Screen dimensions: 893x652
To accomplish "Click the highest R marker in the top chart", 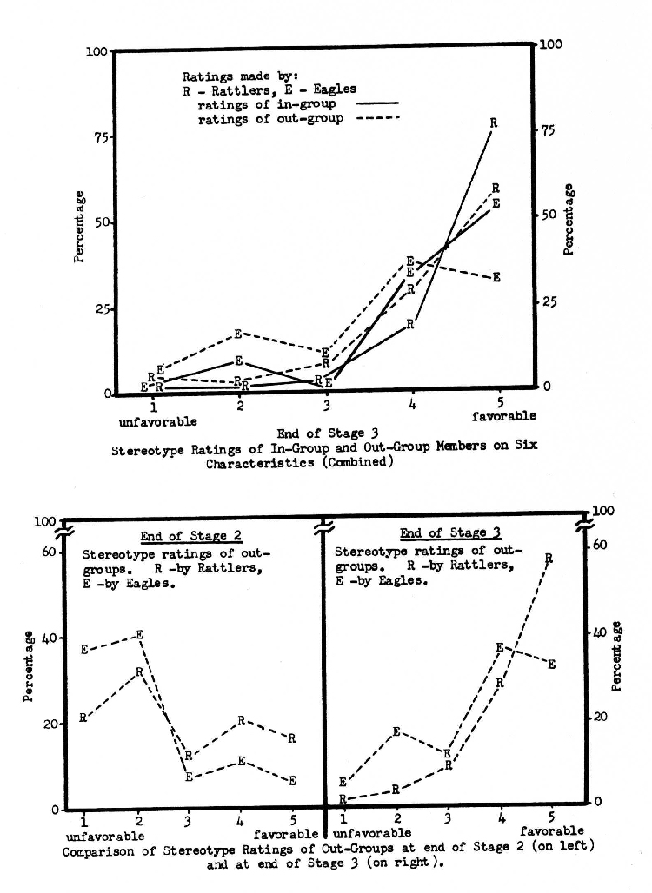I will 493,123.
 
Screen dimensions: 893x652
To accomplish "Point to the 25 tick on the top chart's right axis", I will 548,302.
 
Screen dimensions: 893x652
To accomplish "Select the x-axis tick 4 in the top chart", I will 412,405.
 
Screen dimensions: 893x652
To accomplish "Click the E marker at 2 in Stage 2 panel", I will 139,635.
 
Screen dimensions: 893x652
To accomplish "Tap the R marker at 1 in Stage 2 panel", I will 83,718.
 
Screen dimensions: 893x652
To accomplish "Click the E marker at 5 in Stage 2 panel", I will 292,780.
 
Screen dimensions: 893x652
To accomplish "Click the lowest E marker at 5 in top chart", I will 496,278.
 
